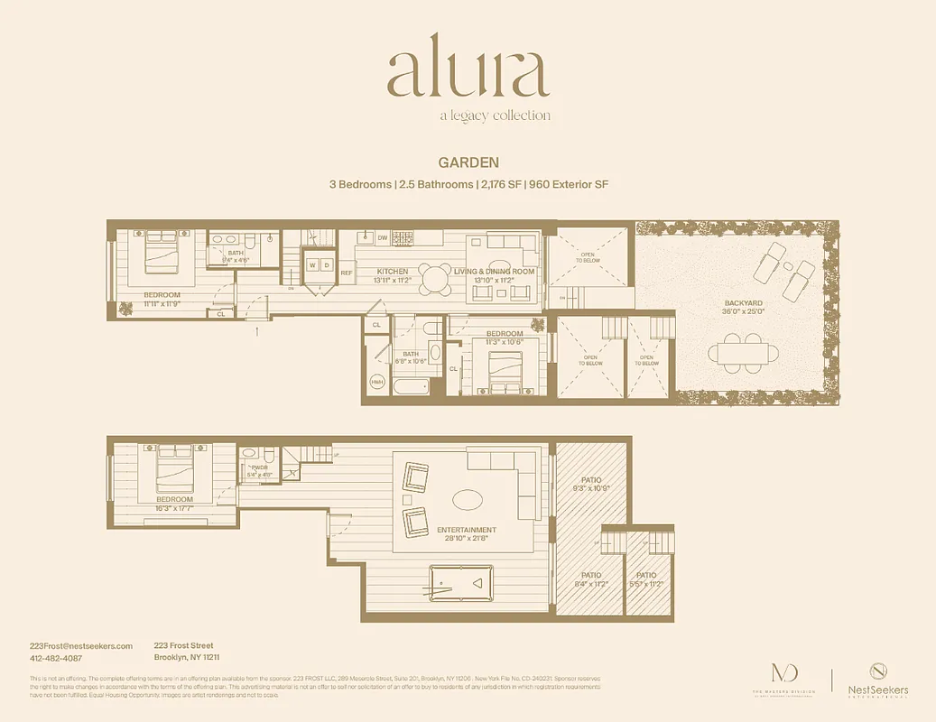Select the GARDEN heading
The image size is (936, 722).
click(x=468, y=163)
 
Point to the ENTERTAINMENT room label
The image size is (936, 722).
click(x=466, y=530)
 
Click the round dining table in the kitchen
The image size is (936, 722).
click(x=436, y=279)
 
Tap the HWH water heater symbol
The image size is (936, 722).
click(x=377, y=381)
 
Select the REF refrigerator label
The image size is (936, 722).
click(x=346, y=272)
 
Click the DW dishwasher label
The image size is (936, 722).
click(x=383, y=237)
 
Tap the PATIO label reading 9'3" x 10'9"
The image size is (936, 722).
click(x=591, y=484)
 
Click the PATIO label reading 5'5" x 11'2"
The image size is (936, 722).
click(x=645, y=579)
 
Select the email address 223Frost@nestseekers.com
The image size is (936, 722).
click(x=81, y=645)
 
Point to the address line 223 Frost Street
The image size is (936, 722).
click(x=183, y=645)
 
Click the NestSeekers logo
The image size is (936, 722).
click(x=877, y=678)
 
